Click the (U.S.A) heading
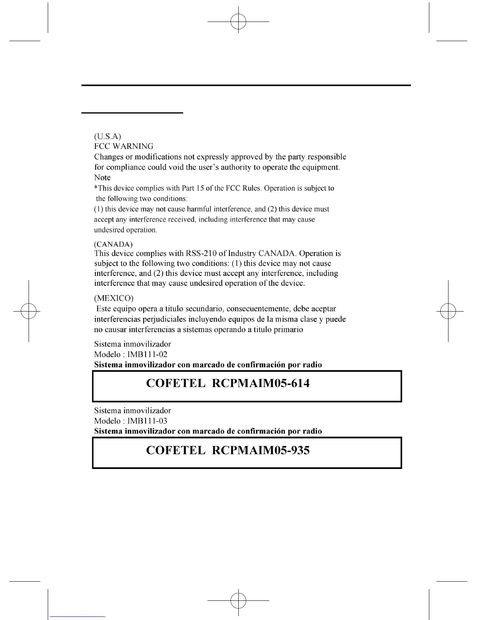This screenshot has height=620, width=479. click(107, 136)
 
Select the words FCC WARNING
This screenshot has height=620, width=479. click(124, 146)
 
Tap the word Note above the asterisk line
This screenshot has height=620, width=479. click(102, 177)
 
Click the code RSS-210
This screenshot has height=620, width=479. click(201, 253)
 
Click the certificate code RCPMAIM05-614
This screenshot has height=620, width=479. click(261, 383)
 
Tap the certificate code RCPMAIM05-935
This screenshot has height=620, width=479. click(261, 450)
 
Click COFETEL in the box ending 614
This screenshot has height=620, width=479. click(175, 383)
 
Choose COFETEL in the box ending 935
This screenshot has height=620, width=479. click(175, 450)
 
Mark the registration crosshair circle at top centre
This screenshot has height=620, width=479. click(238, 22)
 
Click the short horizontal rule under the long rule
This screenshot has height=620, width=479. click(132, 113)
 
